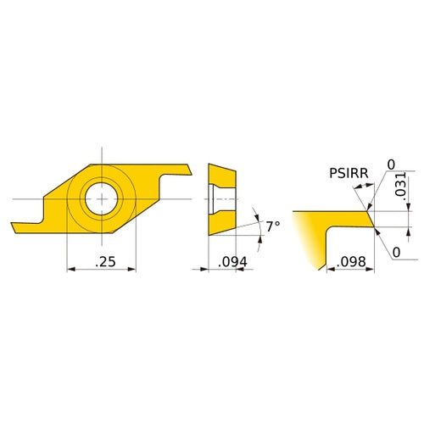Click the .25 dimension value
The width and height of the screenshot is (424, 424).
(x=106, y=262)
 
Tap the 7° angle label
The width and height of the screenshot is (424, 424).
(x=272, y=226)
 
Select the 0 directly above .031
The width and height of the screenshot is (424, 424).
(x=391, y=164)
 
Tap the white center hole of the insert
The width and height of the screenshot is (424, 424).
(x=101, y=198)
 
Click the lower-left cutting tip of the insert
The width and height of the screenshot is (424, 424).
(x=17, y=227)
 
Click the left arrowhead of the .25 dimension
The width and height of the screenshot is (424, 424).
(x=70, y=269)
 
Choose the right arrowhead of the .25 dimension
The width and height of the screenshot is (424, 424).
(x=133, y=269)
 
